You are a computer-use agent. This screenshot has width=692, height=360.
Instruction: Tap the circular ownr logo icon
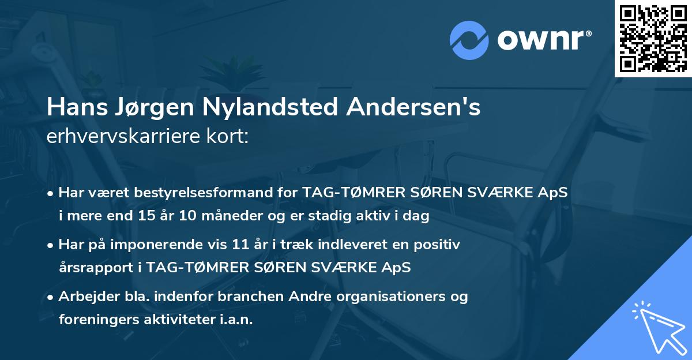pos(468,40)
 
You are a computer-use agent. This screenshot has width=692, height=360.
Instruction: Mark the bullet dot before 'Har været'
pos(51,193)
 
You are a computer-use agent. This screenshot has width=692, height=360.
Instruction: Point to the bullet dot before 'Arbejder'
pos(51,297)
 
